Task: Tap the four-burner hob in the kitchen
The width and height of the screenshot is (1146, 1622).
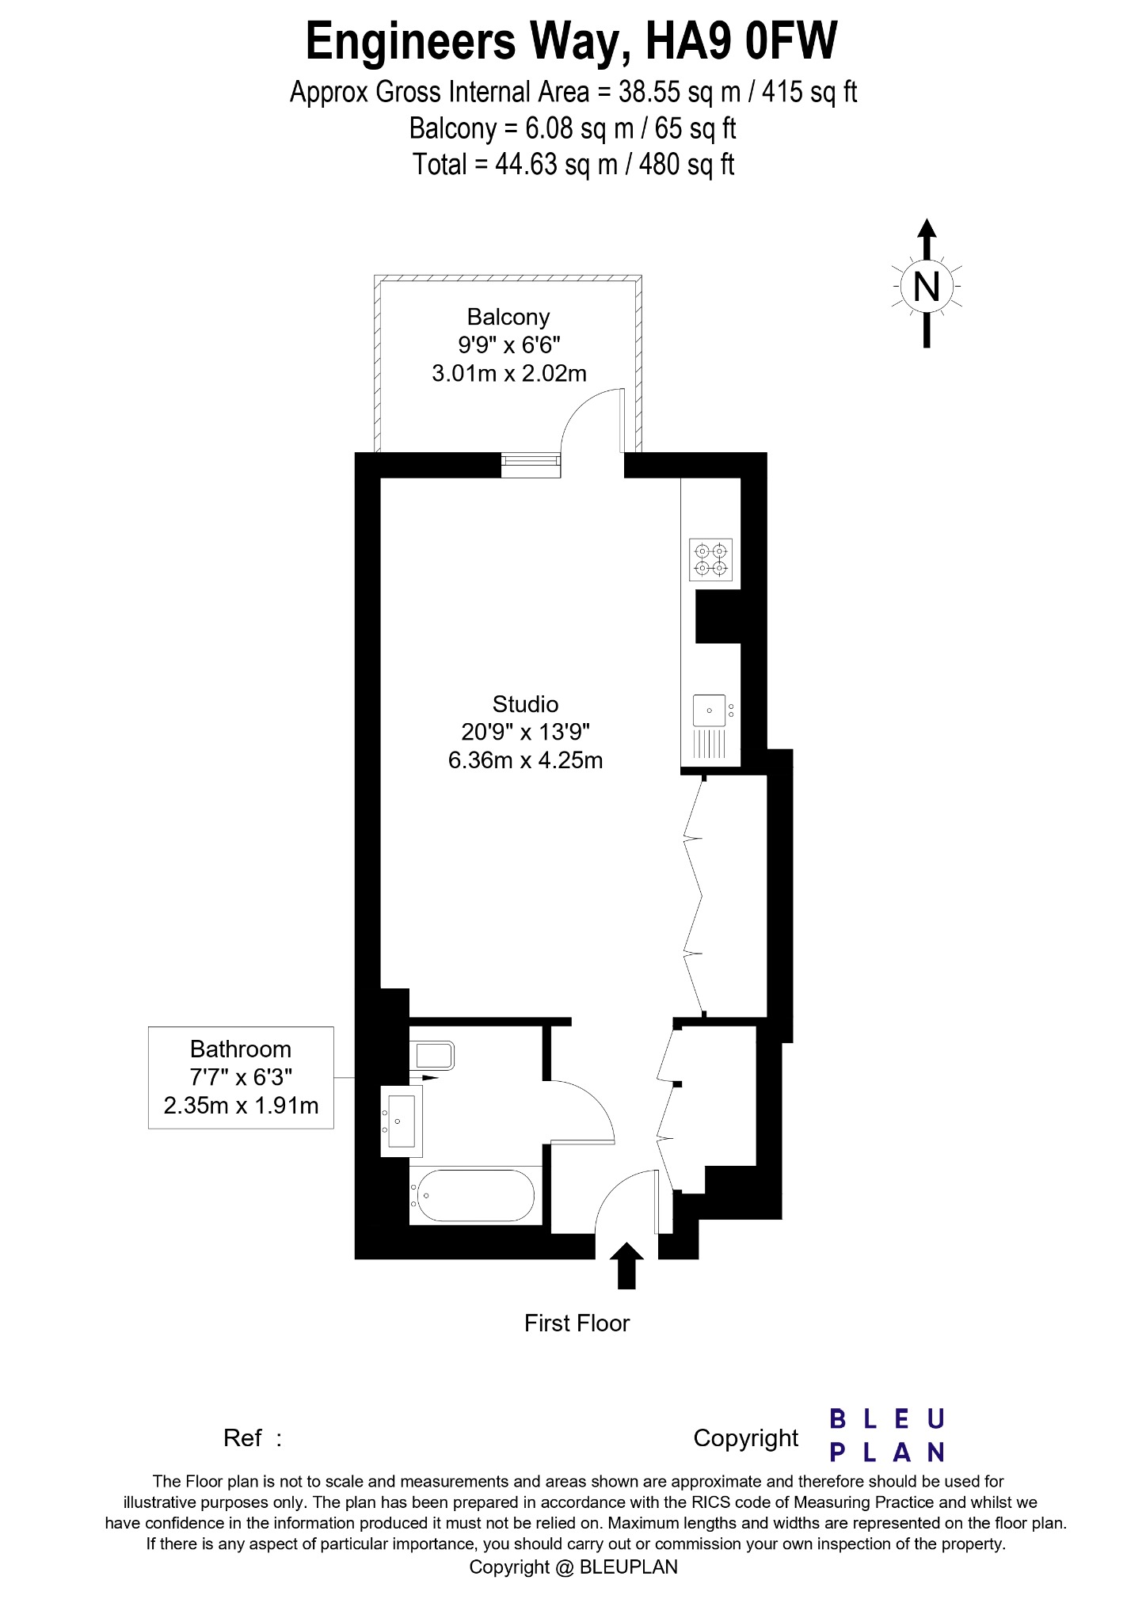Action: pyautogui.click(x=711, y=559)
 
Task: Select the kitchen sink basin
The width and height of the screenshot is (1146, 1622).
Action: pyautogui.click(x=710, y=709)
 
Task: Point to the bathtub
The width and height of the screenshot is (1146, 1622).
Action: pyautogui.click(x=475, y=1196)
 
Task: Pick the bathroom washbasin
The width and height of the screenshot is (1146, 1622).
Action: pyautogui.click(x=402, y=1120)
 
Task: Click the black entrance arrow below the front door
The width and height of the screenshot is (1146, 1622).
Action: pyautogui.click(x=626, y=1266)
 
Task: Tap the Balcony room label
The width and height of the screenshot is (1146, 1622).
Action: pyautogui.click(x=508, y=317)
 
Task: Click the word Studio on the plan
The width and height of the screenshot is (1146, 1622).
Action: pyautogui.click(x=525, y=704)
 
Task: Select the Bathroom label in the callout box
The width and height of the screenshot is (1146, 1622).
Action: pyautogui.click(x=241, y=1049)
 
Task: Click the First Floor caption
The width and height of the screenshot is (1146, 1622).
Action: pyautogui.click(x=577, y=1323)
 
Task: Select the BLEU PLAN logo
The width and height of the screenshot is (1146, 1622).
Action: pyautogui.click(x=887, y=1435)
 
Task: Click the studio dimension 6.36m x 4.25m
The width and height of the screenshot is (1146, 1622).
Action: pyautogui.click(x=525, y=761)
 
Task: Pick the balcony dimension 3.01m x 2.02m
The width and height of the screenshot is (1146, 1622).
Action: pyautogui.click(x=508, y=373)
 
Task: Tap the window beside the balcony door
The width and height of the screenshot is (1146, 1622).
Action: pyautogui.click(x=531, y=465)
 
